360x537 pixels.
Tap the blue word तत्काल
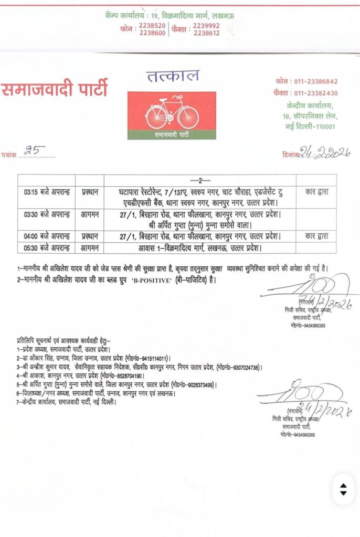pyautogui.click(x=173, y=77)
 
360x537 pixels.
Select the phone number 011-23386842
pyautogui.click(x=314, y=82)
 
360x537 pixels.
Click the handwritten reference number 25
pyautogui.click(x=40, y=152)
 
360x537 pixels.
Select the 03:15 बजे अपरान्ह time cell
pyautogui.click(x=46, y=192)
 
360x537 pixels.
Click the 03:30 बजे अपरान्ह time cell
pyautogui.click(x=46, y=214)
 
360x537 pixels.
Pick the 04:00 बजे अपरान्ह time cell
pyautogui.click(x=46, y=236)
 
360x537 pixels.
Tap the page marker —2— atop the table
pyautogui.click(x=199, y=180)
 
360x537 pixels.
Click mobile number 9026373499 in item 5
pyautogui.click(x=194, y=385)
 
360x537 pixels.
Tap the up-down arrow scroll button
pyautogui.click(x=343, y=489)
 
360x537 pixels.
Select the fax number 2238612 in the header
pyautogui.click(x=206, y=33)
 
